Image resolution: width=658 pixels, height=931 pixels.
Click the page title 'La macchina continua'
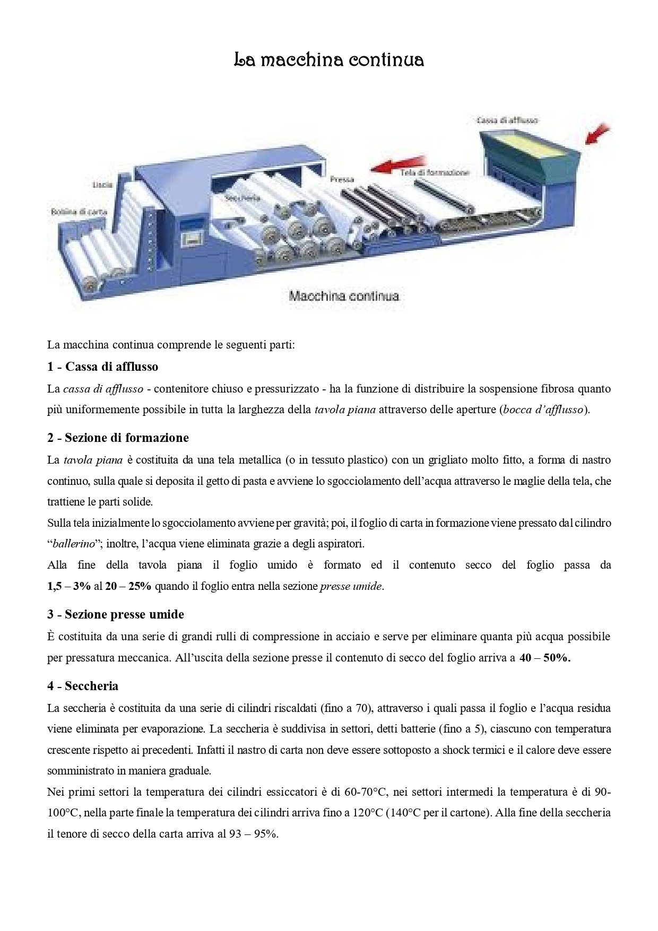(329, 60)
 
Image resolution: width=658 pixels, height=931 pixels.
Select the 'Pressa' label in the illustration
(342, 179)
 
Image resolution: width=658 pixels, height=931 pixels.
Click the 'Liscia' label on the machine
(102, 185)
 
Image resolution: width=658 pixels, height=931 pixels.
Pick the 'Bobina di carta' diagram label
(79, 211)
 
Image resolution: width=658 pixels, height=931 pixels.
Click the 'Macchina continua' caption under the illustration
(343, 296)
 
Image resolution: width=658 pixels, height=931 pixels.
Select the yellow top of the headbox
(531, 143)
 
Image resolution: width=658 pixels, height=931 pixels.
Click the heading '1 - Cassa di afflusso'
(102, 367)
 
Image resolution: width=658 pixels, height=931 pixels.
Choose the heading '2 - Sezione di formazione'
(118, 438)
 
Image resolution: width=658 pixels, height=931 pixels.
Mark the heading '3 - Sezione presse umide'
(116, 614)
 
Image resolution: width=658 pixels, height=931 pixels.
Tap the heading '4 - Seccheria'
(83, 686)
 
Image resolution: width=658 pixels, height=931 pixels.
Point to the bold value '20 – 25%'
(128, 586)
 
